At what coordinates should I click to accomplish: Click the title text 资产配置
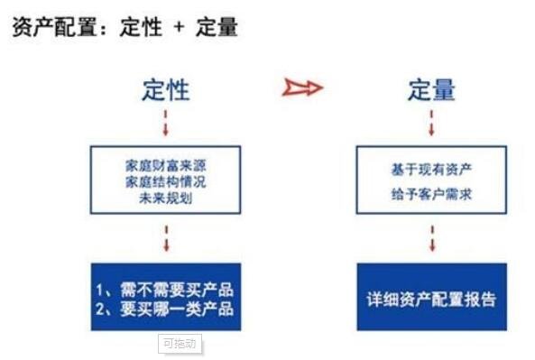(51, 27)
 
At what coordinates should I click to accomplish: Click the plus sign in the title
(178, 28)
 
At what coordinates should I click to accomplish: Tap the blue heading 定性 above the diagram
(166, 89)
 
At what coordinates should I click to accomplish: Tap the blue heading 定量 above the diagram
(430, 89)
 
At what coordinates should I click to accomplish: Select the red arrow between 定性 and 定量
(302, 88)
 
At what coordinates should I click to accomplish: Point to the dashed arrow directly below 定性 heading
(166, 122)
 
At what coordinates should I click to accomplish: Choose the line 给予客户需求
(430, 193)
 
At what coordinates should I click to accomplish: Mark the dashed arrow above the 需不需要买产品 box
(166, 240)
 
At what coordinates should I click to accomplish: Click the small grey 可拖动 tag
(179, 343)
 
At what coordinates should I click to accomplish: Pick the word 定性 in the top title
(142, 27)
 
